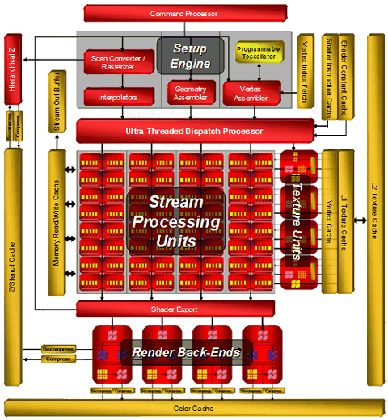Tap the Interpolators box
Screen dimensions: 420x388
pos(117,96)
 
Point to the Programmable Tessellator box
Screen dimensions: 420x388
pos(259,54)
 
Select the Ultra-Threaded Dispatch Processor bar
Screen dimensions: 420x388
pos(194,130)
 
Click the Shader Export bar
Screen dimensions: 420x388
pos(194,309)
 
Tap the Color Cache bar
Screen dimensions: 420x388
pos(194,408)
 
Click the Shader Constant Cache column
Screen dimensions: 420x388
pos(344,76)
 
